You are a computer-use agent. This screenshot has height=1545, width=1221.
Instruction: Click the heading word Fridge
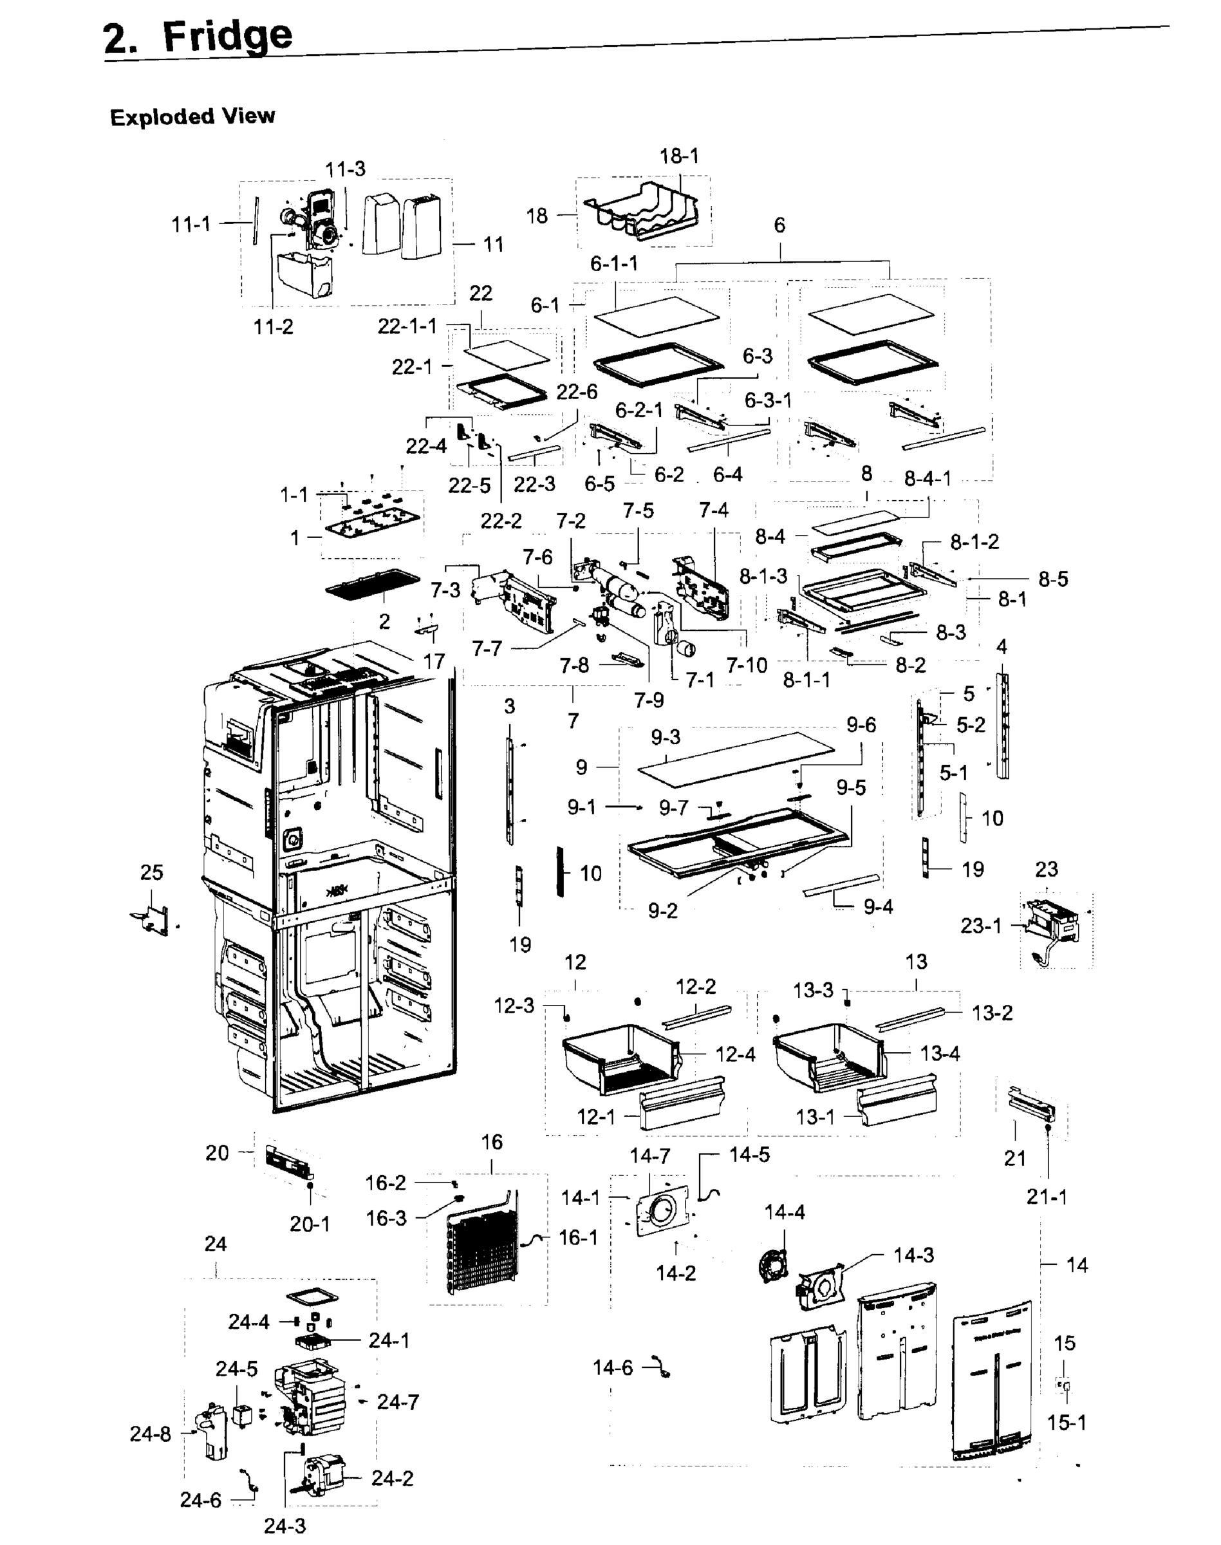pos(227,36)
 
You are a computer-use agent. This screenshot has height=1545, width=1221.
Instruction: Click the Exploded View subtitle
pos(192,117)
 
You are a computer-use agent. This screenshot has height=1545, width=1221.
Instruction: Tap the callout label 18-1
pos(679,156)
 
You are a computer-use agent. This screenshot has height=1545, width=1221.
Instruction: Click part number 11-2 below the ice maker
pos(273,327)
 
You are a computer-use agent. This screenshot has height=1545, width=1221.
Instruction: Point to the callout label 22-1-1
pos(407,326)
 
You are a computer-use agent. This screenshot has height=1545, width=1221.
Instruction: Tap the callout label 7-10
pos(747,665)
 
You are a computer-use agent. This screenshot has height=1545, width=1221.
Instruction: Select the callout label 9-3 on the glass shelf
pos(666,737)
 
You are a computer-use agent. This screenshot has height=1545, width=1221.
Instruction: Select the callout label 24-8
pos(150,1434)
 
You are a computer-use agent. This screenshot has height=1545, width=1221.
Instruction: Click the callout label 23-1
pos(981,926)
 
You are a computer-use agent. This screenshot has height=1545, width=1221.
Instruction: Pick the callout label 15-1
pos(1066,1423)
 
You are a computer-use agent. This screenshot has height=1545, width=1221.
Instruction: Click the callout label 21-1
pos(1047,1197)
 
